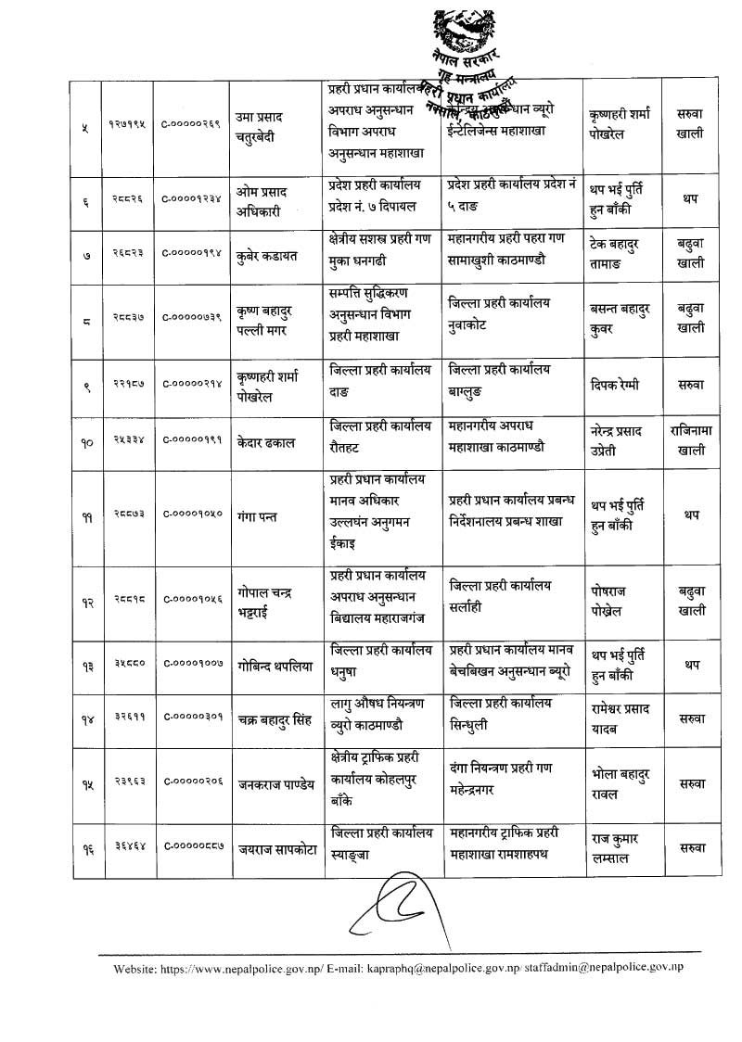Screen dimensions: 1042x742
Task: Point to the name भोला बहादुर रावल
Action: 620,781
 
